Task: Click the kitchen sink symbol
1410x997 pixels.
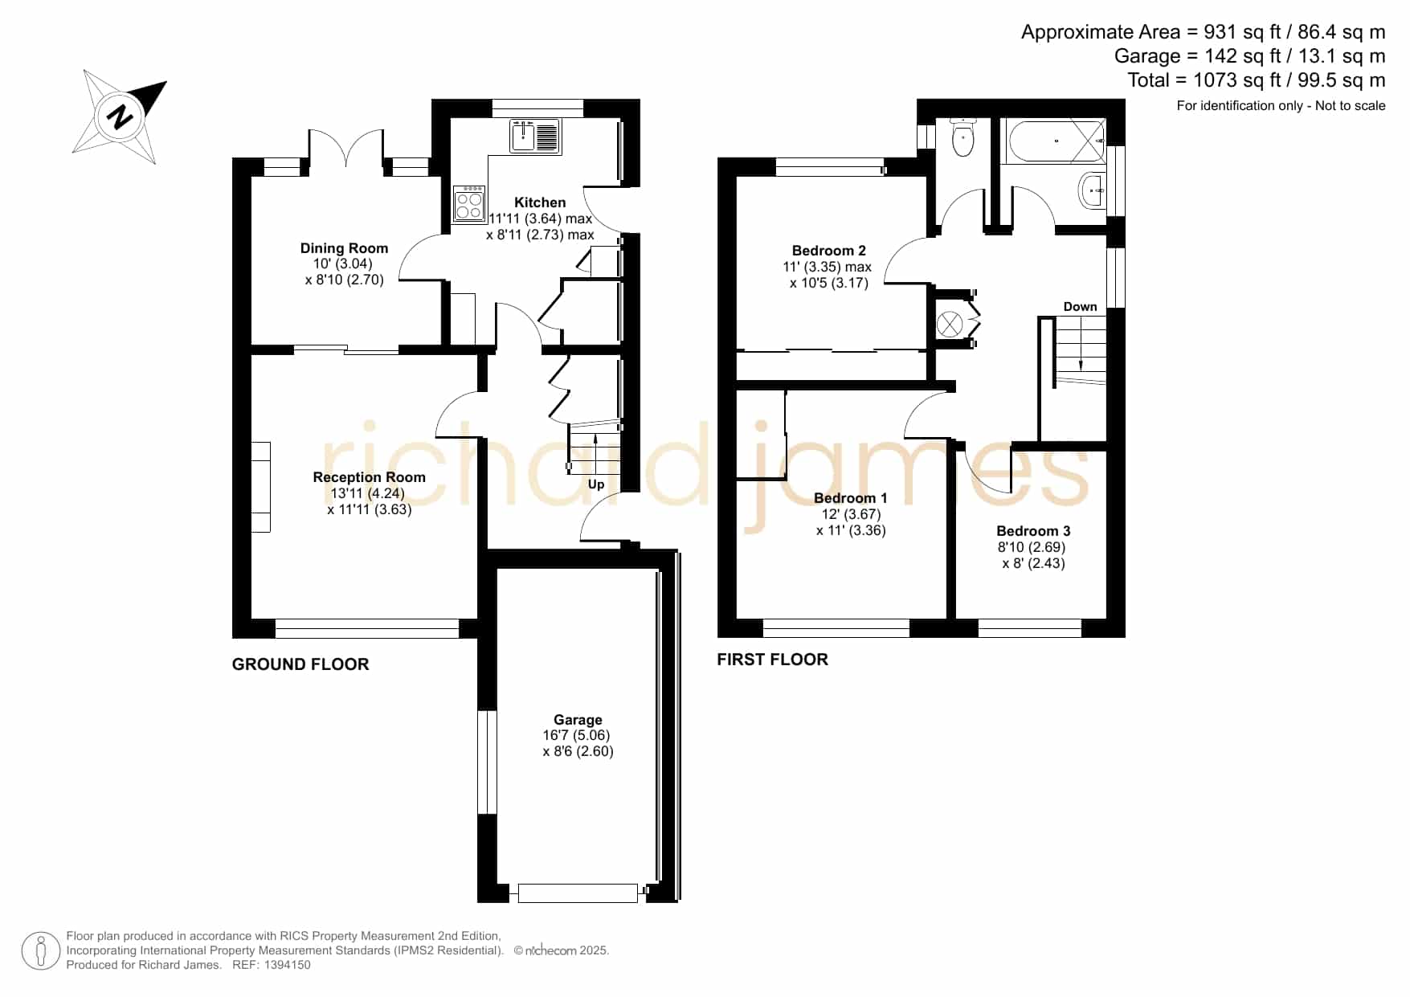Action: [x=535, y=137]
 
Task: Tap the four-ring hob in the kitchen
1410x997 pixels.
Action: [x=469, y=203]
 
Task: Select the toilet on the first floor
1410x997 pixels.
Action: [x=962, y=137]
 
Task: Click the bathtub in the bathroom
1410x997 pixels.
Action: [x=1053, y=141]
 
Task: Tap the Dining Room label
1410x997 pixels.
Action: [x=344, y=248]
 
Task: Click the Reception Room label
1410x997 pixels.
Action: [x=369, y=477]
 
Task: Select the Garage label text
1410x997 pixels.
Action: [x=578, y=720]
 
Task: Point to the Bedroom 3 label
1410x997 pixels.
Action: [x=1033, y=531]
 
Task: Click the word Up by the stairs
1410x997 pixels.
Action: [x=596, y=484]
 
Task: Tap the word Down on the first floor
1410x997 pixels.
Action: [x=1080, y=307]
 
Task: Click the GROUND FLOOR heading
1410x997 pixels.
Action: [x=300, y=664]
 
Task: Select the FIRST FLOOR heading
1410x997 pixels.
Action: [x=772, y=660]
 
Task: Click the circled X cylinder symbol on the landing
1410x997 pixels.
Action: [x=950, y=325]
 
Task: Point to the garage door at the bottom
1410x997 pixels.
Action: [x=578, y=893]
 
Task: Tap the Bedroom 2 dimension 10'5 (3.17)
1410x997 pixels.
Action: [x=829, y=283]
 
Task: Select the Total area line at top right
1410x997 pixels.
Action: [x=1257, y=80]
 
